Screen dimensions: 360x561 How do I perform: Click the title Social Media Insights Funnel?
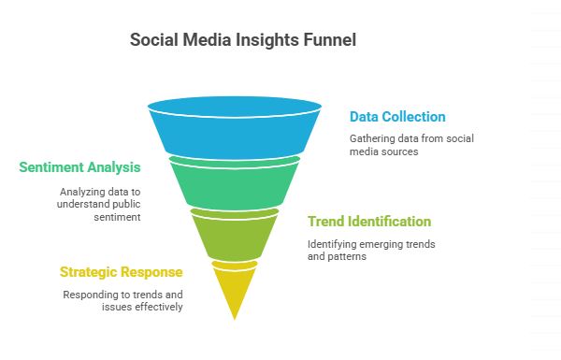pyautogui.click(x=242, y=41)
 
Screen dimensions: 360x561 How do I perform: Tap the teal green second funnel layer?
pyautogui.click(x=234, y=182)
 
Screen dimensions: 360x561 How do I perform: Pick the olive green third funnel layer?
pyautogui.click(x=234, y=234)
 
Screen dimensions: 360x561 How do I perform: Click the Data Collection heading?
pyautogui.click(x=397, y=117)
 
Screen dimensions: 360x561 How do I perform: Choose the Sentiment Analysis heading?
pyautogui.click(x=79, y=167)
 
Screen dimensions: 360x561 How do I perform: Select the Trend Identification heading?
pyautogui.click(x=369, y=222)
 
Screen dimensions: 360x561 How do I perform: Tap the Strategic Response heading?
pyautogui.click(x=121, y=272)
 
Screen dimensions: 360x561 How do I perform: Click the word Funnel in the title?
pyautogui.click(x=329, y=41)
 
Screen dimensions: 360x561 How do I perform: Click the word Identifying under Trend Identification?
pyautogui.click(x=334, y=243)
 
